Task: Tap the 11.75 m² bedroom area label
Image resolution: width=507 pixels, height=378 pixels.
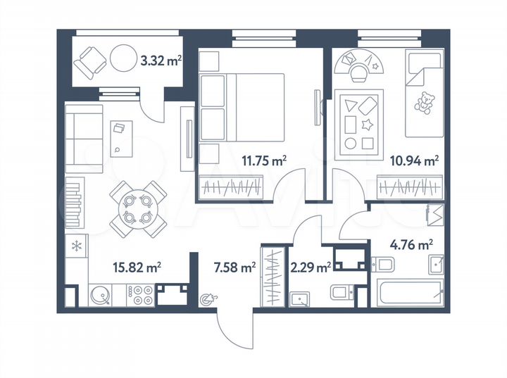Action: click(269, 160)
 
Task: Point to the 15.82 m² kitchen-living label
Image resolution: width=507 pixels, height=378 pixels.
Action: click(138, 266)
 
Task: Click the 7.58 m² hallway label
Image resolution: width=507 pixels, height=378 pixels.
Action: click(234, 267)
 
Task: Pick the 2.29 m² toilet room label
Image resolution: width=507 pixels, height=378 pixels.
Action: click(310, 267)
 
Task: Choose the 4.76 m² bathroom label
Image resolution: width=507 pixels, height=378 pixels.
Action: click(411, 246)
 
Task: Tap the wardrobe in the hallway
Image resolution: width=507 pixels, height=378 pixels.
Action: click(271, 276)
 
